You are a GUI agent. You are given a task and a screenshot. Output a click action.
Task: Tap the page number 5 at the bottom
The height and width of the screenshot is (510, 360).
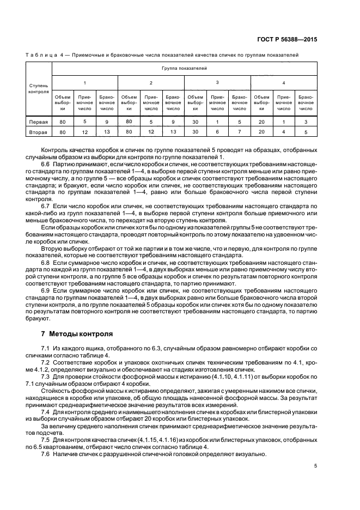click(315, 466)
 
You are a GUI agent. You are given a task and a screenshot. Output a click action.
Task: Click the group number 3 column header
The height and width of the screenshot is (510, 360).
click(217, 82)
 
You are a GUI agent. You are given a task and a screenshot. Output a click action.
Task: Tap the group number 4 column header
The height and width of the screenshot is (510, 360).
click(283, 82)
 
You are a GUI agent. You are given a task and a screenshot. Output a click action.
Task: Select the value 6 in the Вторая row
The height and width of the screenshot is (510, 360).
click(217, 132)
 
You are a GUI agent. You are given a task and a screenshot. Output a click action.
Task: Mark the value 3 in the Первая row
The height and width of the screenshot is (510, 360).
click(306, 122)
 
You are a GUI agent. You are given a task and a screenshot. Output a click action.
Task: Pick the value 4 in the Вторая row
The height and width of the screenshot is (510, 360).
click(283, 132)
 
